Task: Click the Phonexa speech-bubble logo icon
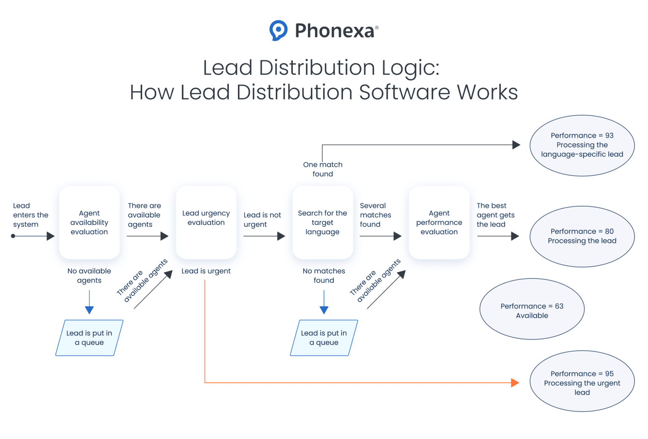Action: click(278, 30)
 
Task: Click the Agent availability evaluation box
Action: click(89, 223)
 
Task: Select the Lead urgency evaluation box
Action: click(206, 223)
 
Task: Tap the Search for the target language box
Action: click(323, 223)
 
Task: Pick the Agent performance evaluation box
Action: click(439, 223)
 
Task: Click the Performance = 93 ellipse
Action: click(582, 145)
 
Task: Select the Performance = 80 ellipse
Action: click(582, 236)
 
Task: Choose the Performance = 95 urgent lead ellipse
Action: click(582, 381)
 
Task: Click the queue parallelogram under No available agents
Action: click(89, 338)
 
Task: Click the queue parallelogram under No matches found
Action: click(324, 338)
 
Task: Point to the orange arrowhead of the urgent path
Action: click(515, 383)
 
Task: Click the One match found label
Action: click(323, 169)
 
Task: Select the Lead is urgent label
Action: click(206, 271)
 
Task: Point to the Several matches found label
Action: click(375, 215)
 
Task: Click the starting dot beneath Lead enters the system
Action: click(13, 236)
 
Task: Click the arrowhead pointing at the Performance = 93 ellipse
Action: click(516, 145)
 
